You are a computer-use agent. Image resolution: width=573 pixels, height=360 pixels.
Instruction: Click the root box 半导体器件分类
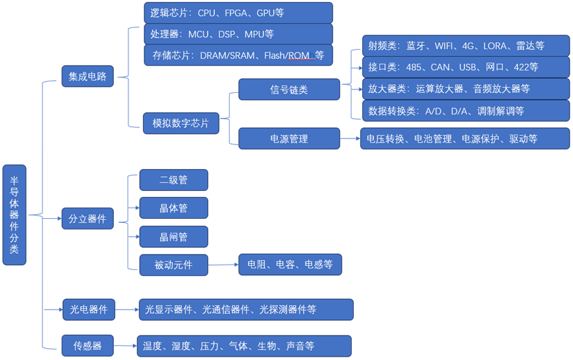click(14, 215)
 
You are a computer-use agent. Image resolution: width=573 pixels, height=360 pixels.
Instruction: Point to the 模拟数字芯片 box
click(180, 123)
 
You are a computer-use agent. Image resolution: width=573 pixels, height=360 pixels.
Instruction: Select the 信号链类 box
click(289, 90)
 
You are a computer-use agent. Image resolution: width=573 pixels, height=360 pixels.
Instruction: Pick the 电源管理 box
click(289, 139)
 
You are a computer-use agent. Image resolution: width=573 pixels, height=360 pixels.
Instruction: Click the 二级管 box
click(174, 180)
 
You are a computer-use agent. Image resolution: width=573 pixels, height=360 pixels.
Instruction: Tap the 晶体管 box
click(174, 208)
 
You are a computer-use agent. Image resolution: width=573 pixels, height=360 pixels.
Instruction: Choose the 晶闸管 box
click(174, 237)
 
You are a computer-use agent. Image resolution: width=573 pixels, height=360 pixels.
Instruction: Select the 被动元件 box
click(174, 265)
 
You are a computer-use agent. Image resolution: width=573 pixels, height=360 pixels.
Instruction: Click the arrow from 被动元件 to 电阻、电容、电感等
click(223, 265)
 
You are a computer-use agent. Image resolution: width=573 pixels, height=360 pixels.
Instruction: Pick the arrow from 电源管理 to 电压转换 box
click(350, 139)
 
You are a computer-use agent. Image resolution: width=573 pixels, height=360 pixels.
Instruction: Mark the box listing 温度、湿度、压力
click(243, 345)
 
